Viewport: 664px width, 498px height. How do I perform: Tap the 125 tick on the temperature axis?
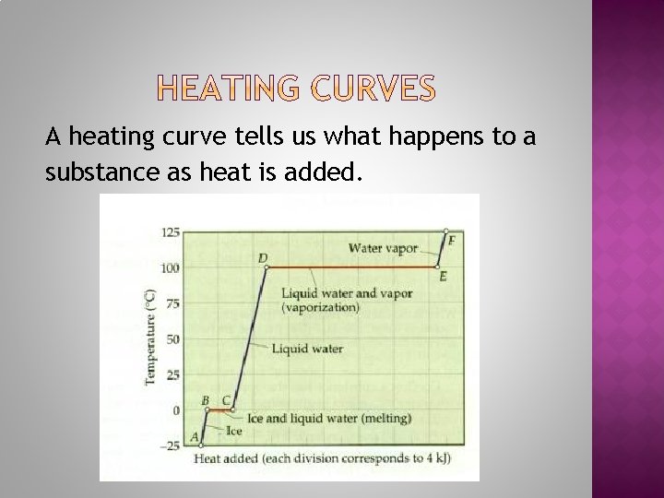click(171, 231)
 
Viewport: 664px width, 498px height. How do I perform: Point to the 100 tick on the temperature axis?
click(171, 267)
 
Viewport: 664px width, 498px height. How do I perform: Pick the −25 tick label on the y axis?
click(171, 445)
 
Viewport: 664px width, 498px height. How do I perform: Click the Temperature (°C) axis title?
click(149, 338)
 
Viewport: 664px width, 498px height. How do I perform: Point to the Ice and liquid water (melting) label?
click(328, 418)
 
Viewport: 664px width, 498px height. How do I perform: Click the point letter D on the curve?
click(263, 257)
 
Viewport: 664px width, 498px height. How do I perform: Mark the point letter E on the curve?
click(444, 277)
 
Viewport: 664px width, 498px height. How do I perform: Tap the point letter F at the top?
click(452, 240)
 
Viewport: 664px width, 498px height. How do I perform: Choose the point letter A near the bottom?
click(194, 436)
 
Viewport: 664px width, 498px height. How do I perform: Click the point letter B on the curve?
click(206, 400)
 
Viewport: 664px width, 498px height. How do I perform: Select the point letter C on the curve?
click(226, 400)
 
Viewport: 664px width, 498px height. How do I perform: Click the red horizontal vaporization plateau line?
click(355, 267)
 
